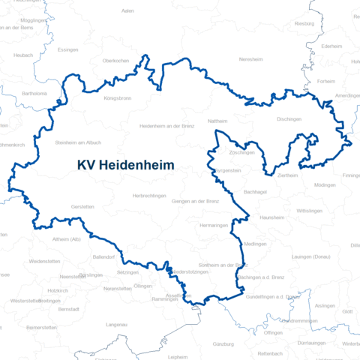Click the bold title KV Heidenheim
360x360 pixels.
tap(125, 165)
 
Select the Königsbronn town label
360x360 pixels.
tap(117, 98)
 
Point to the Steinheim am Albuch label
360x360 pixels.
tap(78, 142)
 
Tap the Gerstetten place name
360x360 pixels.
tap(82, 206)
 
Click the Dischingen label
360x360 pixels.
tap(289, 119)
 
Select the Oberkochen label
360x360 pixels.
tap(116, 60)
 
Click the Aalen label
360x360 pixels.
tap(127, 10)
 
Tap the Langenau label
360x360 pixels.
tap(117, 324)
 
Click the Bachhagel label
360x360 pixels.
tap(256, 191)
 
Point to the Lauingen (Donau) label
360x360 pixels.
tap(310, 257)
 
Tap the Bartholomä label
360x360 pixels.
tap(34, 94)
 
